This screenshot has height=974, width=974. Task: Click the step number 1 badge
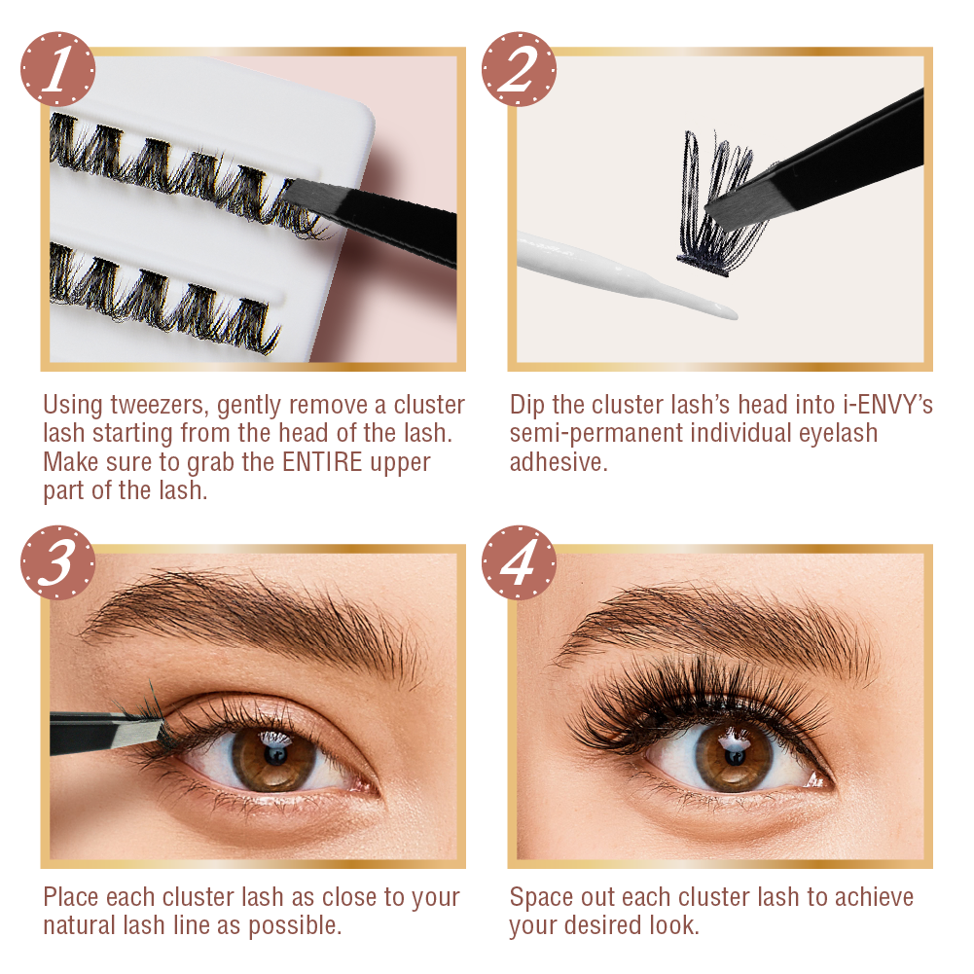(57, 69)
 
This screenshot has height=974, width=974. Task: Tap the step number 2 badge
(519, 69)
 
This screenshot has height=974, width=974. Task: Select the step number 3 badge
(57, 562)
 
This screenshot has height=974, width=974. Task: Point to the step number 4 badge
(519, 562)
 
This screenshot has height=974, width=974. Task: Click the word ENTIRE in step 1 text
(322, 462)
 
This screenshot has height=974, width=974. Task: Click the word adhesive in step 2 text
(559, 462)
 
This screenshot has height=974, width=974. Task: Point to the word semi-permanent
(596, 434)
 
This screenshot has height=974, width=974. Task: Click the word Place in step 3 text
(71, 897)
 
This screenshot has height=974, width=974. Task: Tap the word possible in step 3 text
(295, 926)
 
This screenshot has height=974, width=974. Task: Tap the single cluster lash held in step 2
(721, 198)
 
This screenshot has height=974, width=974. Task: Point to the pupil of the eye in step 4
(735, 757)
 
